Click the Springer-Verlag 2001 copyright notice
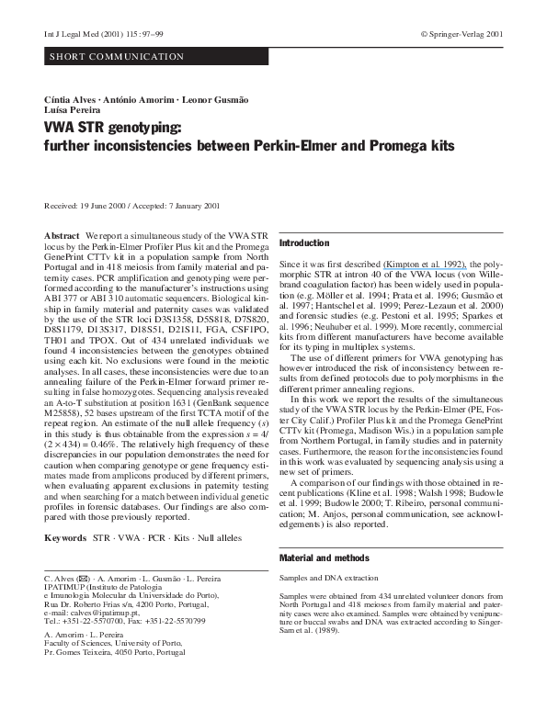click(x=461, y=33)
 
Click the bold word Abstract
click(x=62, y=236)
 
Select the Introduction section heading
click(x=303, y=243)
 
